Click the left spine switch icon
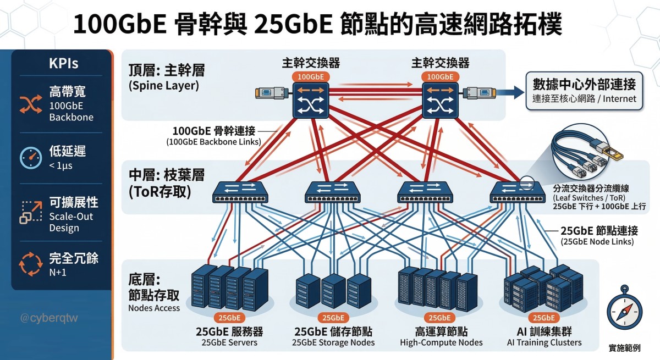[x=311, y=100]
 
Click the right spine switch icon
[x=439, y=100]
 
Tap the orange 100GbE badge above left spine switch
[x=311, y=77]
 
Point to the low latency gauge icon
[x=29, y=157]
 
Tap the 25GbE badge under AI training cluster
[x=544, y=318]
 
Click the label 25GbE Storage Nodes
[x=334, y=342]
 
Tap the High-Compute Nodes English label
[x=441, y=342]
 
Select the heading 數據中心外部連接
[x=584, y=85]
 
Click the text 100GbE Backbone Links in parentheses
[x=213, y=142]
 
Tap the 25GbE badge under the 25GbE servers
[x=229, y=318]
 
